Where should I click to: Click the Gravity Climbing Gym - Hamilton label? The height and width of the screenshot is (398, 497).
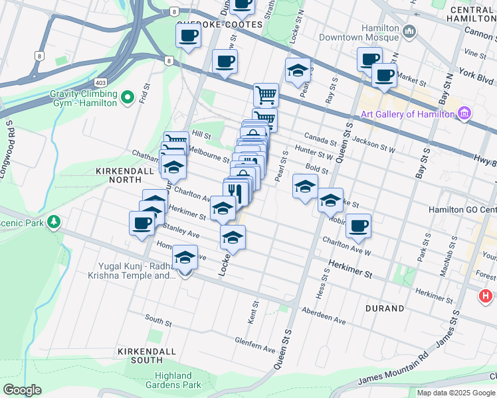(83, 98)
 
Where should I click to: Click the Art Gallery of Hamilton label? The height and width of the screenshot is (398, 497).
(407, 114)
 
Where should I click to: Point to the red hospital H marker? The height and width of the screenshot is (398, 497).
(486, 296)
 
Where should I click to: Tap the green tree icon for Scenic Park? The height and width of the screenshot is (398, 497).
(58, 222)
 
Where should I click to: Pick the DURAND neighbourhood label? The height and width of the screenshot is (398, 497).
(384, 308)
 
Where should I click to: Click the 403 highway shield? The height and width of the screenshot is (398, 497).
(100, 82)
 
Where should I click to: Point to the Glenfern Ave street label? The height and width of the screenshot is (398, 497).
(254, 344)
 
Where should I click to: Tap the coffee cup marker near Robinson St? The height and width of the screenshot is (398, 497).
(358, 226)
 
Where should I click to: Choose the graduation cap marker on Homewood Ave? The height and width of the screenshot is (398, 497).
(185, 257)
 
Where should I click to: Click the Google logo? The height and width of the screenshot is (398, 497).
(22, 390)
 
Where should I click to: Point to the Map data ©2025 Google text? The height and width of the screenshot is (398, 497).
(456, 393)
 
